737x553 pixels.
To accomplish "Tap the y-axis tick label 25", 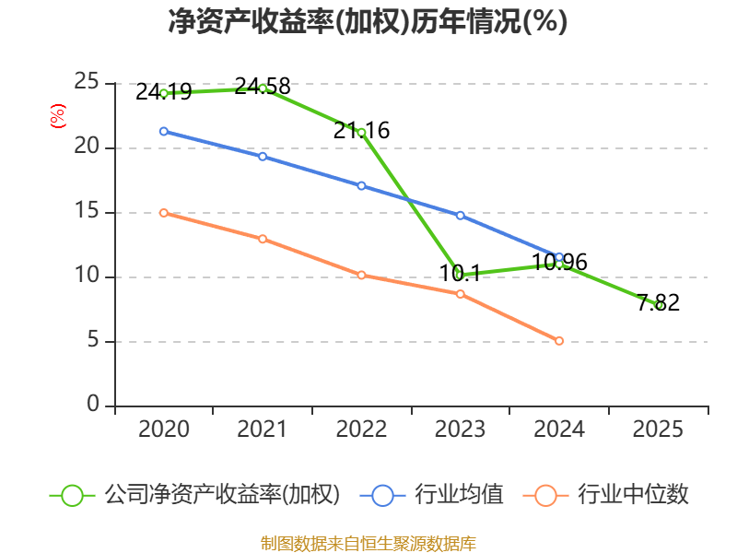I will coord(87,82).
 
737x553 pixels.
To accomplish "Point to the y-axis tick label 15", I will coord(87,211).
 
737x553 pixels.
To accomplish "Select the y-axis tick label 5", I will coord(93,340).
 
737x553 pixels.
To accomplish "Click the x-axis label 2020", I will coord(163,429).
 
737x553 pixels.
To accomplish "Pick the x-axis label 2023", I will coord(460,429).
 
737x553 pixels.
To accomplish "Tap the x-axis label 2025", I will coord(658,429).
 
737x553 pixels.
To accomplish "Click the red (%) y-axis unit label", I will coord(57,117).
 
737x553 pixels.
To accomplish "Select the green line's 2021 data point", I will coord(263,88).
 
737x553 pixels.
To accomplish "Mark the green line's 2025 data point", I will coord(658,305).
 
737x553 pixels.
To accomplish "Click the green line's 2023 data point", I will coord(460,275).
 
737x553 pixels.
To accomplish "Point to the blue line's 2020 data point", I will coord(163,131).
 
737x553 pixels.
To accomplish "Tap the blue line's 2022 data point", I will coord(361,185).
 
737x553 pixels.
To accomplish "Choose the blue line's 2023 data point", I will coord(460,215).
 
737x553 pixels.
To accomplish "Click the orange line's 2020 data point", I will coord(163,213).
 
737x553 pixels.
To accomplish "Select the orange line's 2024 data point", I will coord(559,341).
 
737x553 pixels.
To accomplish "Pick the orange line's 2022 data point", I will coord(361,275).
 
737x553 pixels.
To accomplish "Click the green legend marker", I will coord(72,495).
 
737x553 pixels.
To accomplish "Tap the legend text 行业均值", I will coord(459,495).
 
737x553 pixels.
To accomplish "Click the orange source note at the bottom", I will coord(368,543).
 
